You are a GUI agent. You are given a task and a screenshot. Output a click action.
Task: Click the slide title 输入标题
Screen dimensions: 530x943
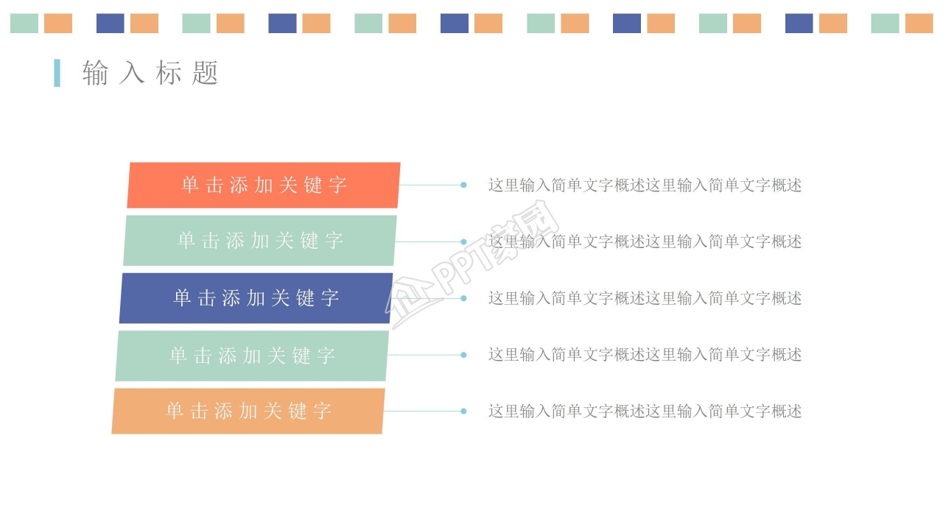[151, 73]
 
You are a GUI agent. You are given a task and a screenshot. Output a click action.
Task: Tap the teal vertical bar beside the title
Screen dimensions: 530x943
[57, 73]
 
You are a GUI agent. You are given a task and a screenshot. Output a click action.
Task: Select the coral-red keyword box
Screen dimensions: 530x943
[264, 185]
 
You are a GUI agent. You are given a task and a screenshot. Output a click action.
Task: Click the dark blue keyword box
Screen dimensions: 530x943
[256, 298]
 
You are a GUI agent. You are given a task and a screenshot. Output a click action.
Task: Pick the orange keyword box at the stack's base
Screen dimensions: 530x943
[248, 411]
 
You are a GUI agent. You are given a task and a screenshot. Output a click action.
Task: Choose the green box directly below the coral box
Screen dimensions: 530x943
[260, 241]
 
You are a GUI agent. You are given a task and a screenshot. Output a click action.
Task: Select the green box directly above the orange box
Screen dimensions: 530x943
[252, 356]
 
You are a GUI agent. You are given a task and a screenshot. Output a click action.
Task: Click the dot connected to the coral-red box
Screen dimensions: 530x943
[463, 185]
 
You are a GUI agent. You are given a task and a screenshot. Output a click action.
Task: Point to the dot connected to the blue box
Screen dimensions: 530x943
[463, 298]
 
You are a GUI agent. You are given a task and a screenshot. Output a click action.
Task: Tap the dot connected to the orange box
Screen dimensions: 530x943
[463, 411]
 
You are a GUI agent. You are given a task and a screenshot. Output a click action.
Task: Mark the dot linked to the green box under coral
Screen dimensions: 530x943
[463, 241]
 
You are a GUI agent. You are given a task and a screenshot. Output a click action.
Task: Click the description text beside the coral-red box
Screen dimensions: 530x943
[645, 185]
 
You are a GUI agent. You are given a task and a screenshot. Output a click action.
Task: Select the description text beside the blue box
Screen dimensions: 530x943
[645, 298]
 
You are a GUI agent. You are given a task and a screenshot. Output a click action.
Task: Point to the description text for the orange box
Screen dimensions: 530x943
[645, 411]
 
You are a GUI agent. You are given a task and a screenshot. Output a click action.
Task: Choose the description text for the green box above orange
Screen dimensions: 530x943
[645, 355]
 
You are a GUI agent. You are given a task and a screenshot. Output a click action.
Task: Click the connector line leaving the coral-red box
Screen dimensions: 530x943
[430, 185]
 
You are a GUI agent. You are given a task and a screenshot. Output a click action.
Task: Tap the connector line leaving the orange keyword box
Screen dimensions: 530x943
[423, 411]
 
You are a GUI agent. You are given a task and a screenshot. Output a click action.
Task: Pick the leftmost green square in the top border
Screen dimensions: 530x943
[24, 24]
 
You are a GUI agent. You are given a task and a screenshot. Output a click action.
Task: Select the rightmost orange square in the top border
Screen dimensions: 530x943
[919, 24]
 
